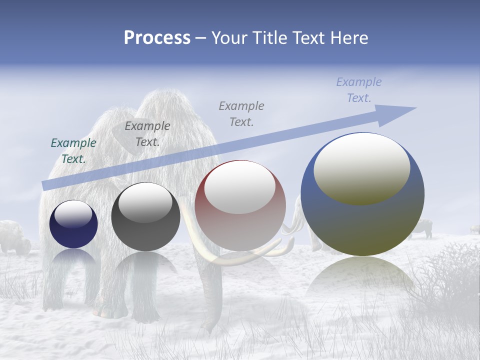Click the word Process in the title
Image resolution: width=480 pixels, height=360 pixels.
[157, 38]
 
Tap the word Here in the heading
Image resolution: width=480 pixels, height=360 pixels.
[349, 38]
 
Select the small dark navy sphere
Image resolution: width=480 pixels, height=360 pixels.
[73, 224]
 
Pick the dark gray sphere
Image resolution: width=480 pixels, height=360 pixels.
[145, 217]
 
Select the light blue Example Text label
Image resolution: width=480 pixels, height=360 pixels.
[359, 90]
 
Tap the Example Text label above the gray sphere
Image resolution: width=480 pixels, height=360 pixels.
[147, 134]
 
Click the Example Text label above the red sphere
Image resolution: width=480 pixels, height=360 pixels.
[241, 113]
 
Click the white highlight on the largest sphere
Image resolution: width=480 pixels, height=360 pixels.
[361, 167]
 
